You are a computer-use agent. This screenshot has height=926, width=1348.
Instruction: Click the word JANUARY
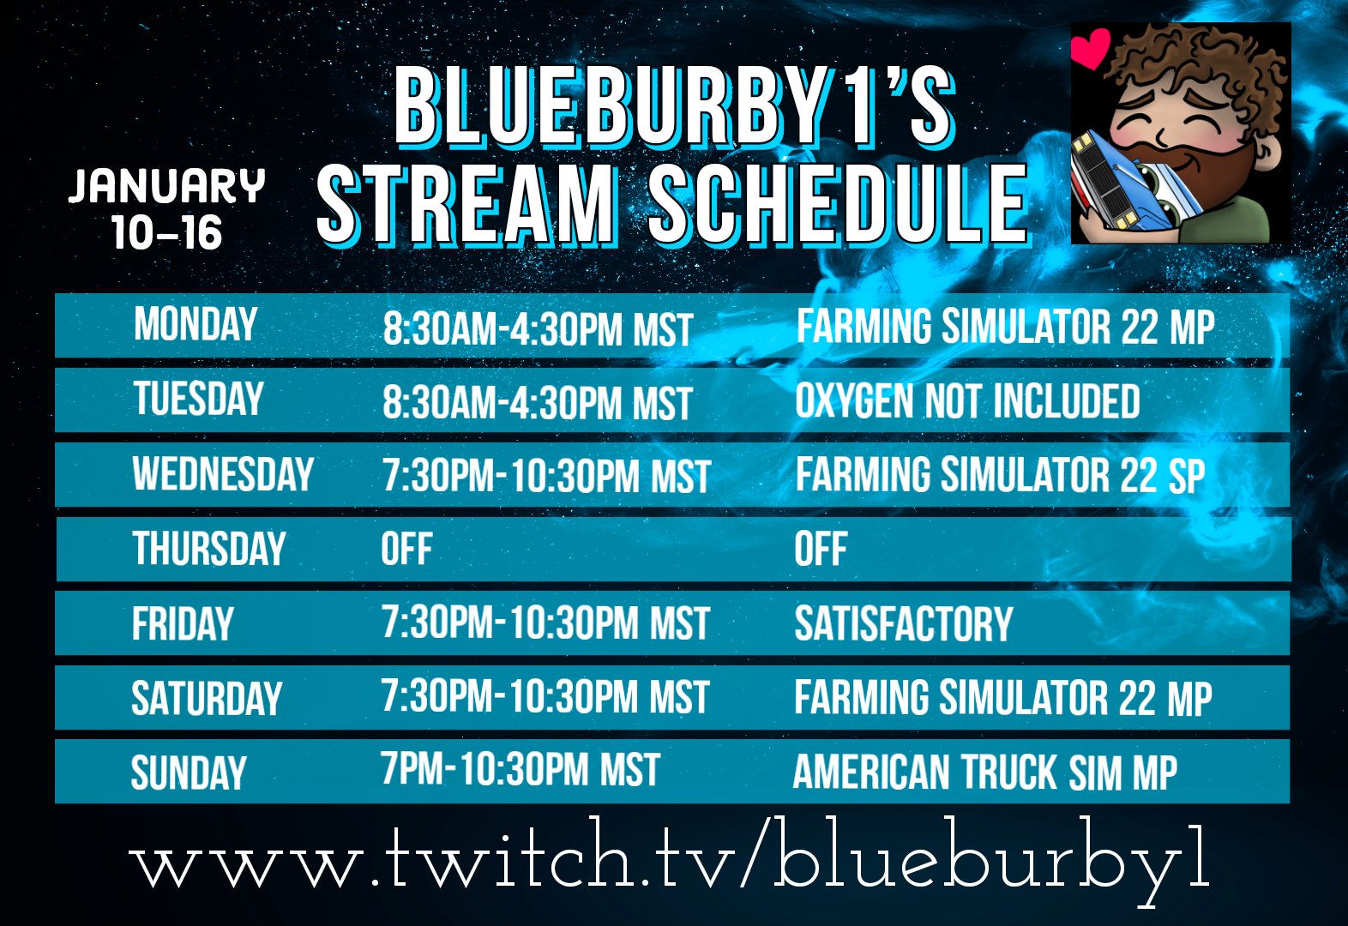click(166, 186)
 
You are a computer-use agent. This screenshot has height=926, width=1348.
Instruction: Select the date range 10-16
click(166, 232)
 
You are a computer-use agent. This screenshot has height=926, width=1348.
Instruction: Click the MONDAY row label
click(196, 325)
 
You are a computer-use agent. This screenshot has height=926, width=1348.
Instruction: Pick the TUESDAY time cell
click(537, 402)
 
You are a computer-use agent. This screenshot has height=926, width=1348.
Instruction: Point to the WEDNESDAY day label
click(223, 474)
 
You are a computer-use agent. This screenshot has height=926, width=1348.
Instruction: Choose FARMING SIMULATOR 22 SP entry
click(1000, 475)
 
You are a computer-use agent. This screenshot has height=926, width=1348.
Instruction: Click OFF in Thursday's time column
click(406, 550)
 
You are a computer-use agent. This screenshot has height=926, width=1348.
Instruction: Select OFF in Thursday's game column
click(820, 550)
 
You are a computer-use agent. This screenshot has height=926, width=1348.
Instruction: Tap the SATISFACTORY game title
click(903, 623)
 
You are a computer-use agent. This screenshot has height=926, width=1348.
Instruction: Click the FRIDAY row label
click(183, 623)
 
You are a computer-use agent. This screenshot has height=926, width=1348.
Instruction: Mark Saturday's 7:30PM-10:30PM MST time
click(545, 697)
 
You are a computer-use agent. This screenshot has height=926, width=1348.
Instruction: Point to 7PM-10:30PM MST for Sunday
click(521, 770)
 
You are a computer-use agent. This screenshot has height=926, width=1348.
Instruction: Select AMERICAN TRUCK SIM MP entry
click(984, 772)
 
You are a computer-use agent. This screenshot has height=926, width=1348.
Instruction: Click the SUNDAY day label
click(189, 773)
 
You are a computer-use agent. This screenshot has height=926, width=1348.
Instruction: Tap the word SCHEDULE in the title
click(837, 203)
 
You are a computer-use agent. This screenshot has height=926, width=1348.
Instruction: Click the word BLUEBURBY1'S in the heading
click(673, 107)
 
